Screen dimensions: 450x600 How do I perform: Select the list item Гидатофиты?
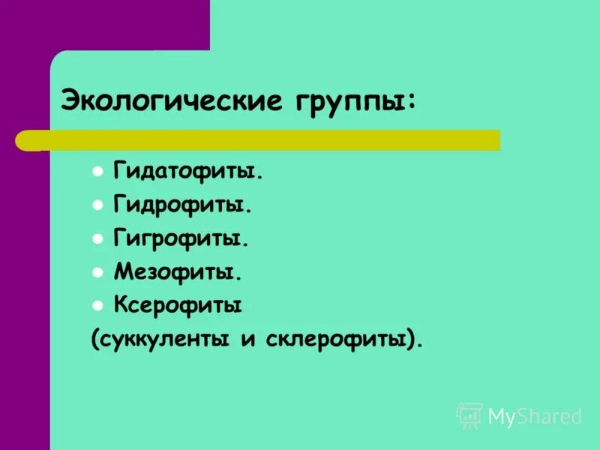(x=188, y=172)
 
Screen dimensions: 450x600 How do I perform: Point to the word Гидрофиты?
(x=182, y=205)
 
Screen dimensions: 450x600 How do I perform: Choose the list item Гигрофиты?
(x=181, y=239)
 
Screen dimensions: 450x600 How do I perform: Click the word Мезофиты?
(x=178, y=272)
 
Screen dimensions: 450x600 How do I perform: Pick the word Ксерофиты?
(x=178, y=305)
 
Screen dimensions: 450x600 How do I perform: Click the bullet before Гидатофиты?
(x=97, y=172)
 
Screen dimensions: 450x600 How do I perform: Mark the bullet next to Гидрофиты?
(x=97, y=205)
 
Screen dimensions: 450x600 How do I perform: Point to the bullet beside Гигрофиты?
(x=97, y=238)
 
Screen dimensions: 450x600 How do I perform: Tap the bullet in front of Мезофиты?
(x=97, y=271)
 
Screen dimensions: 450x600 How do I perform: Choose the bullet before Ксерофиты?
(x=97, y=305)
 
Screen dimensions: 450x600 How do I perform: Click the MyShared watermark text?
(x=535, y=416)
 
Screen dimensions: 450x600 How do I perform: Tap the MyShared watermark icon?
(x=469, y=415)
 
